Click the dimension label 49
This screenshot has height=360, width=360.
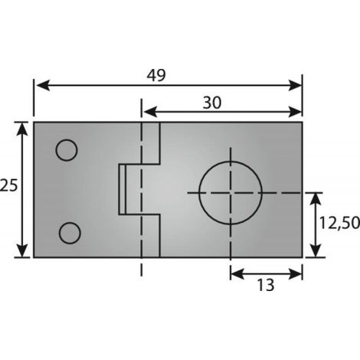point(156,75)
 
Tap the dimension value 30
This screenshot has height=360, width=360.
point(212,103)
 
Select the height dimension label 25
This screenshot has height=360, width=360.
point(9,185)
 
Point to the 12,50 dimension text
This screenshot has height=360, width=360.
point(339,223)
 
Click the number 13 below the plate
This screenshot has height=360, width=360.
point(266,285)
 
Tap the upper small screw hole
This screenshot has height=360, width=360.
point(67,150)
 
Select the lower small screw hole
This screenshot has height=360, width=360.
point(70,233)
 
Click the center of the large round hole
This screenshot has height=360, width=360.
point(231,193)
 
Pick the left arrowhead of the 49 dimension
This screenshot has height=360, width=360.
point(43,85)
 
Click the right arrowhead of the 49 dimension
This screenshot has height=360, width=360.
point(295,85)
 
